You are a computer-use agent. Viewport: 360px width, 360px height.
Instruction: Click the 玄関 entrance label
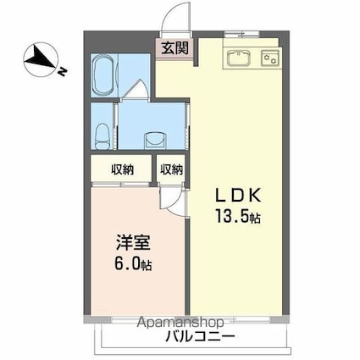click(174, 48)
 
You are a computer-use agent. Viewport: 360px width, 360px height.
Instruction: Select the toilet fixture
click(102, 136)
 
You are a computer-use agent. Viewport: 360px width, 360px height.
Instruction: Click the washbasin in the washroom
click(156, 140)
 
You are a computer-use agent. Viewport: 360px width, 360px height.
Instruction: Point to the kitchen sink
click(239, 58)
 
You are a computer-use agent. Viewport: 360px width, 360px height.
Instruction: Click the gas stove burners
click(269, 58)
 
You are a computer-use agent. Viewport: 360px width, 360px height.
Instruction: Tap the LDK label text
click(238, 195)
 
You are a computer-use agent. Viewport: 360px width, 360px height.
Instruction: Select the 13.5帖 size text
click(238, 216)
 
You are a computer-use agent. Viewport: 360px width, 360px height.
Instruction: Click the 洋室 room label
click(133, 243)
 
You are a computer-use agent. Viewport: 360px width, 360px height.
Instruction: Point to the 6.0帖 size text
click(133, 264)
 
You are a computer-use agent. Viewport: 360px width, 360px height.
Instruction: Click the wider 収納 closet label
click(122, 169)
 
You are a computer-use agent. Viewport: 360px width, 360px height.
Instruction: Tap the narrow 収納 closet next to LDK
click(172, 169)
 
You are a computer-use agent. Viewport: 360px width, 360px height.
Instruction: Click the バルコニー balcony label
click(200, 336)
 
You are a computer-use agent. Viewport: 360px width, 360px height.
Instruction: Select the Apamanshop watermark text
click(180, 322)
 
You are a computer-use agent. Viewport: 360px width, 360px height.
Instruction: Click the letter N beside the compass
click(62, 72)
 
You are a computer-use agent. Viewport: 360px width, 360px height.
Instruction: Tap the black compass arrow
click(40, 58)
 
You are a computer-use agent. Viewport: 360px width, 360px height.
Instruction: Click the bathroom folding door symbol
click(136, 89)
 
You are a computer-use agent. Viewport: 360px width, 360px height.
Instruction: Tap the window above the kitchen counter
click(241, 34)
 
